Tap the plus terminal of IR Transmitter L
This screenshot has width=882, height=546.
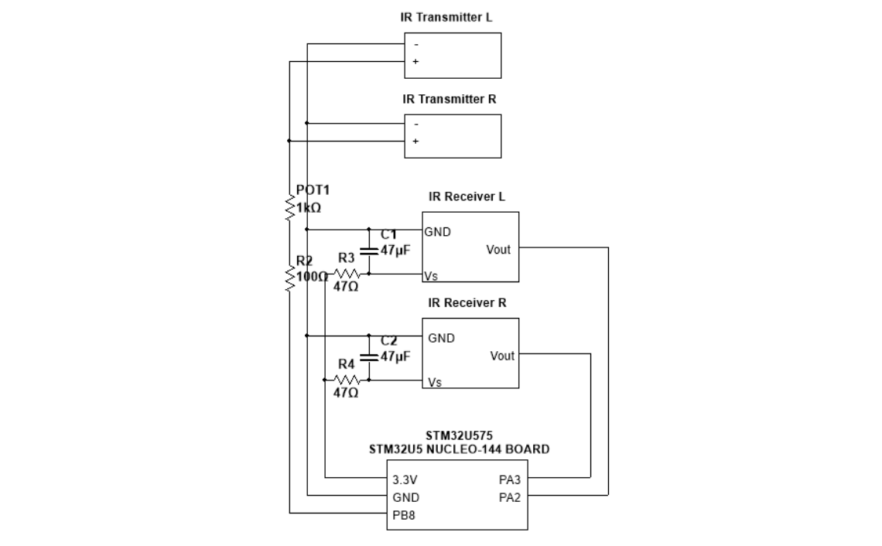coord(416,61)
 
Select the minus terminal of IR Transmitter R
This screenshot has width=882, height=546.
coord(416,124)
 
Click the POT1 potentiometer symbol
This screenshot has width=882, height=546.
coord(289,208)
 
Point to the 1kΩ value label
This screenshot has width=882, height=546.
coord(308,208)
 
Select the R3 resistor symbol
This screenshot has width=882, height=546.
coord(347,275)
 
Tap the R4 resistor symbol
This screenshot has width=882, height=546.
coord(347,380)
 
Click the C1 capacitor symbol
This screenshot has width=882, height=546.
coord(369,251)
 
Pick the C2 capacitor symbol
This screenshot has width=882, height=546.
coord(369,357)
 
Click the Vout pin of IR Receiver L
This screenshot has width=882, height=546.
coord(498,249)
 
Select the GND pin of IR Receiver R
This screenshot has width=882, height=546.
coord(441,338)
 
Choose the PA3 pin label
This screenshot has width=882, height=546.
coord(510,479)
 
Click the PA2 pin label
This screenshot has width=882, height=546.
coord(510,497)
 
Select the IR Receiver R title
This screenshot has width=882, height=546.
coord(468,302)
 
